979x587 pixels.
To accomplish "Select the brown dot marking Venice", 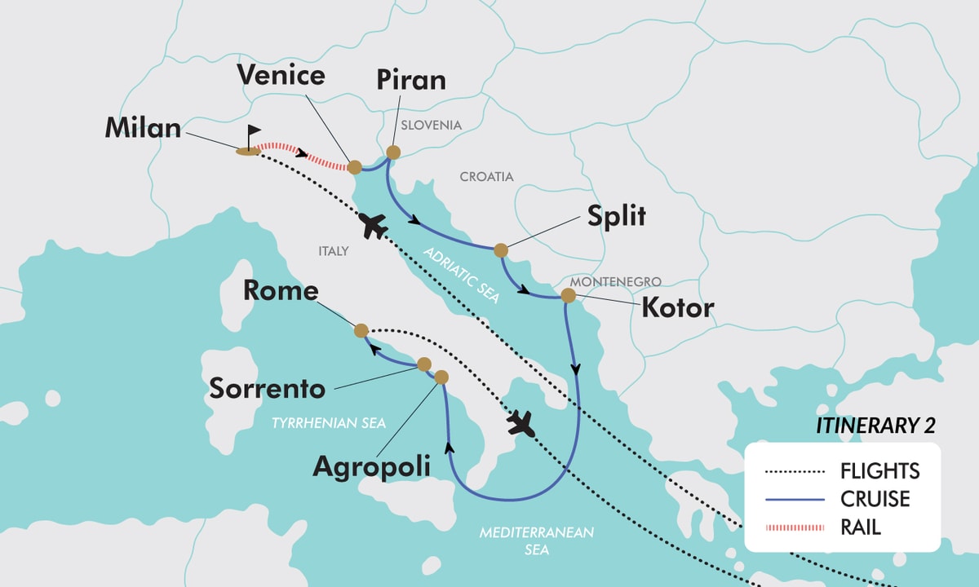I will [x=355, y=167].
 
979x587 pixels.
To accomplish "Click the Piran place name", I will [x=412, y=80].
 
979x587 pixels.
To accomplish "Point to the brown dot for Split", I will [x=501, y=249].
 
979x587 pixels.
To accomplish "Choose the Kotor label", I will [x=677, y=308].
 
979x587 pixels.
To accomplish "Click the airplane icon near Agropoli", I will [x=520, y=423].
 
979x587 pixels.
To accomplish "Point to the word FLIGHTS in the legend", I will [x=879, y=471].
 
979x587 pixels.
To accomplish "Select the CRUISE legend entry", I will [x=875, y=498].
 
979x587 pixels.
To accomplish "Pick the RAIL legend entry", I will [x=860, y=527].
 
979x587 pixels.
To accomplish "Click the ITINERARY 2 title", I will [x=875, y=426].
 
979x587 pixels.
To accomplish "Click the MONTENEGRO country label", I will [x=615, y=281].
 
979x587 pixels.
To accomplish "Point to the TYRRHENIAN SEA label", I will [x=328, y=422].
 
